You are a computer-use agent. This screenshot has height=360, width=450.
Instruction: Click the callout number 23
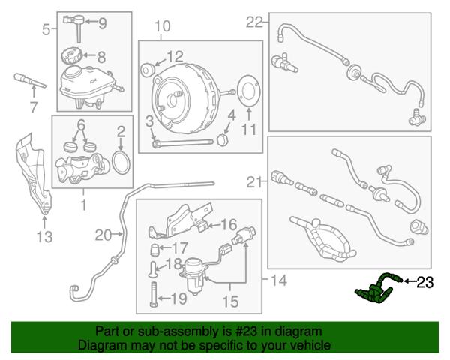[x=425, y=282]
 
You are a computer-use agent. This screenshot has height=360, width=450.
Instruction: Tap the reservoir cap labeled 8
[x=71, y=56]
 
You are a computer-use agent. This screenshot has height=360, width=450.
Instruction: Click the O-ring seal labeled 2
[x=121, y=163]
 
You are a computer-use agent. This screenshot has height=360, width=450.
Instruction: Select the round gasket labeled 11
[x=248, y=91]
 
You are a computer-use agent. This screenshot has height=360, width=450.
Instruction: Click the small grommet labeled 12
[x=147, y=70]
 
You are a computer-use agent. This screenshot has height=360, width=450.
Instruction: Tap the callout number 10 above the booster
[x=163, y=26]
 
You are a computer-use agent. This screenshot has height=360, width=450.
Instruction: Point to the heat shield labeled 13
[x=33, y=175]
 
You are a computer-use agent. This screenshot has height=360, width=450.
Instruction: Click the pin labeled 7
[x=30, y=81]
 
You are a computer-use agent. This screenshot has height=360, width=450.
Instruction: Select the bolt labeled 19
[x=153, y=294]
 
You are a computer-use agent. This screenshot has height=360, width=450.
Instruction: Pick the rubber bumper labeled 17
[x=155, y=250]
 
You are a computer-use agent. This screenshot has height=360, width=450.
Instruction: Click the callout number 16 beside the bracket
[x=229, y=224]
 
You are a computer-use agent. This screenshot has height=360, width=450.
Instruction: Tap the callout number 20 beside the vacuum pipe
[x=103, y=235]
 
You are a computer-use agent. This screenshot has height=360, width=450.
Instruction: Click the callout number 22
[x=254, y=22]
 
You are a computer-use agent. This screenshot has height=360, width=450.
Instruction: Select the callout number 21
[x=255, y=181]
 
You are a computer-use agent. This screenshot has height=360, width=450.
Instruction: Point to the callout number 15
[x=231, y=301]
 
